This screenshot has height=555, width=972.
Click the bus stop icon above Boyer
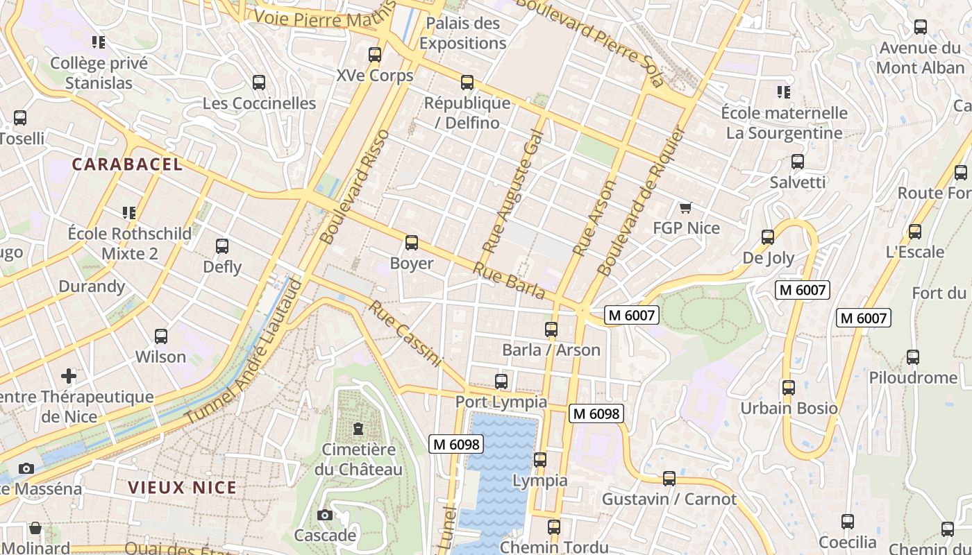(412, 243)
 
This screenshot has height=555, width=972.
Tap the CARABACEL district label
(127, 164)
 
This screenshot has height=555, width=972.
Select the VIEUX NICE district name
(182, 488)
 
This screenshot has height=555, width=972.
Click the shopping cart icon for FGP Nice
(686, 207)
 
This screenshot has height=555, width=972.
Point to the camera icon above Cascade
(324, 515)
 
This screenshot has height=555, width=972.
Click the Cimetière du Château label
(358, 459)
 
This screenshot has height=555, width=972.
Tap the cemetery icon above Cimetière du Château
(358, 429)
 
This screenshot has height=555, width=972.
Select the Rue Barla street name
(510, 280)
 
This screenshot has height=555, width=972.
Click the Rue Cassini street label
(405, 333)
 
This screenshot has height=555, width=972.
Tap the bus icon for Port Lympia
(501, 381)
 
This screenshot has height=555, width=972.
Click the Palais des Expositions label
(462, 33)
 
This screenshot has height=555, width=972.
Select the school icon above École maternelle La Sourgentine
(784, 92)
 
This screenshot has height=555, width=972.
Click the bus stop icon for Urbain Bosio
(788, 387)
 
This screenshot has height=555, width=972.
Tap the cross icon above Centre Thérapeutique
(69, 376)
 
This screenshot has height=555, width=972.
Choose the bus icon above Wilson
(160, 336)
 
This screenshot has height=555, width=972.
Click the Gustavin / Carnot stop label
(669, 499)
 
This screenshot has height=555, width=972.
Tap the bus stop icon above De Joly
(768, 237)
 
